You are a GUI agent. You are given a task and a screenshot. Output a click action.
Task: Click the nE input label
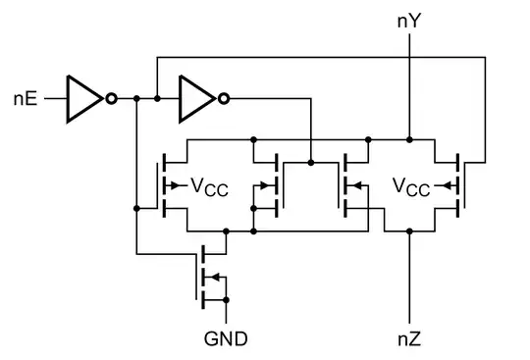26,99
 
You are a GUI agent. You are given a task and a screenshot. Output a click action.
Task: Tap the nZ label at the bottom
409,339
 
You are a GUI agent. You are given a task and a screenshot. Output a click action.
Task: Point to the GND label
226,339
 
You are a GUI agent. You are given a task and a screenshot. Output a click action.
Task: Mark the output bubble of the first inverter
113,99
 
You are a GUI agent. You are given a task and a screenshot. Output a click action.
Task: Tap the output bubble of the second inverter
226,99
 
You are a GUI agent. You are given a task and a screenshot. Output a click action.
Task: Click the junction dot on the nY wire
409,138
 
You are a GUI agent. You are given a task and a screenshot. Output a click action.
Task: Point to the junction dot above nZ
409,231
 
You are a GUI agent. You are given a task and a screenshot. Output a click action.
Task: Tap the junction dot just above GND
227,299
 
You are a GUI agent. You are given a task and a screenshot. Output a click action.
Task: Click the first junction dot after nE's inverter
135,99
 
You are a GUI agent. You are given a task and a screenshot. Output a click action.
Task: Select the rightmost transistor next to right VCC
461,184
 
